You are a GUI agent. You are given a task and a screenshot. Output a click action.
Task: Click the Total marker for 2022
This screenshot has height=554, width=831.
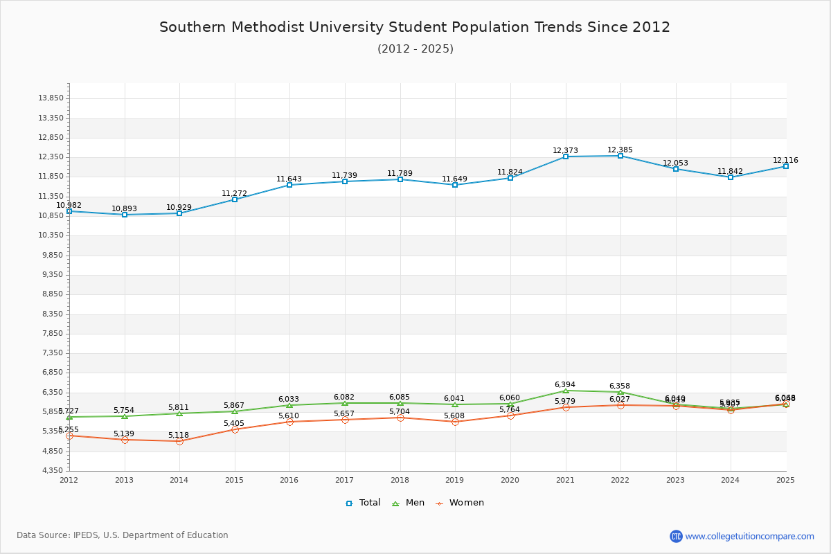[x=620, y=156]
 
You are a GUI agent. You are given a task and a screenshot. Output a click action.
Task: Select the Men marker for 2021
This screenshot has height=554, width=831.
[x=566, y=391]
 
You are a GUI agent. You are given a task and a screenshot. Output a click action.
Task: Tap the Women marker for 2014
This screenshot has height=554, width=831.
[x=179, y=441]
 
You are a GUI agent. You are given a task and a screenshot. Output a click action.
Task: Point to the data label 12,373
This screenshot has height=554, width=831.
[x=565, y=150]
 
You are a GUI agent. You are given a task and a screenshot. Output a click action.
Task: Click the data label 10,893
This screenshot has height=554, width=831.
[x=125, y=208]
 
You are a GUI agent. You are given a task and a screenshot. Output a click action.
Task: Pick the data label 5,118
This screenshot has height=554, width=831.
[x=180, y=435]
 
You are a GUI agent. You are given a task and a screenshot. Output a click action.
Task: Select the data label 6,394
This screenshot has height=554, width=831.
[x=565, y=384]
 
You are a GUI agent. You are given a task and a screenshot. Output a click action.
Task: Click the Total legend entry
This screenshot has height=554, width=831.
[x=363, y=503]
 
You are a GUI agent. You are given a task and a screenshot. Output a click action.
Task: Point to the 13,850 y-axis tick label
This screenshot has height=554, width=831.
[x=51, y=98]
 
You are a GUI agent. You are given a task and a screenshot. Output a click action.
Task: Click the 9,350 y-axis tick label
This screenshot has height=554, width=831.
[x=53, y=274]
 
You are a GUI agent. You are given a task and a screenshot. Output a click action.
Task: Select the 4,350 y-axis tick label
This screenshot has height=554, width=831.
[x=53, y=470]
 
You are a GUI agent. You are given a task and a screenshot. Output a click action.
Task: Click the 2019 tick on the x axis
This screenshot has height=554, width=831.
[x=455, y=479]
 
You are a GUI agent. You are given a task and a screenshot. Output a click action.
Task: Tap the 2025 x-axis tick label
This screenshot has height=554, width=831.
[x=785, y=479]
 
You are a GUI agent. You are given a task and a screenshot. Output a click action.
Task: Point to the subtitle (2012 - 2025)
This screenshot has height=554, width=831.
[x=415, y=48]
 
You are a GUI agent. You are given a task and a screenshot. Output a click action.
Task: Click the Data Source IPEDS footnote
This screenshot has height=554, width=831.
[x=123, y=535]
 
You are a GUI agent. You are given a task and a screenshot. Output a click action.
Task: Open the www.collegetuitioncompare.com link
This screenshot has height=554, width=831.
[x=749, y=536]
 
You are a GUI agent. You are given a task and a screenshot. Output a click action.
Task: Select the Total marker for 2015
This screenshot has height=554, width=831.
[x=235, y=199]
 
